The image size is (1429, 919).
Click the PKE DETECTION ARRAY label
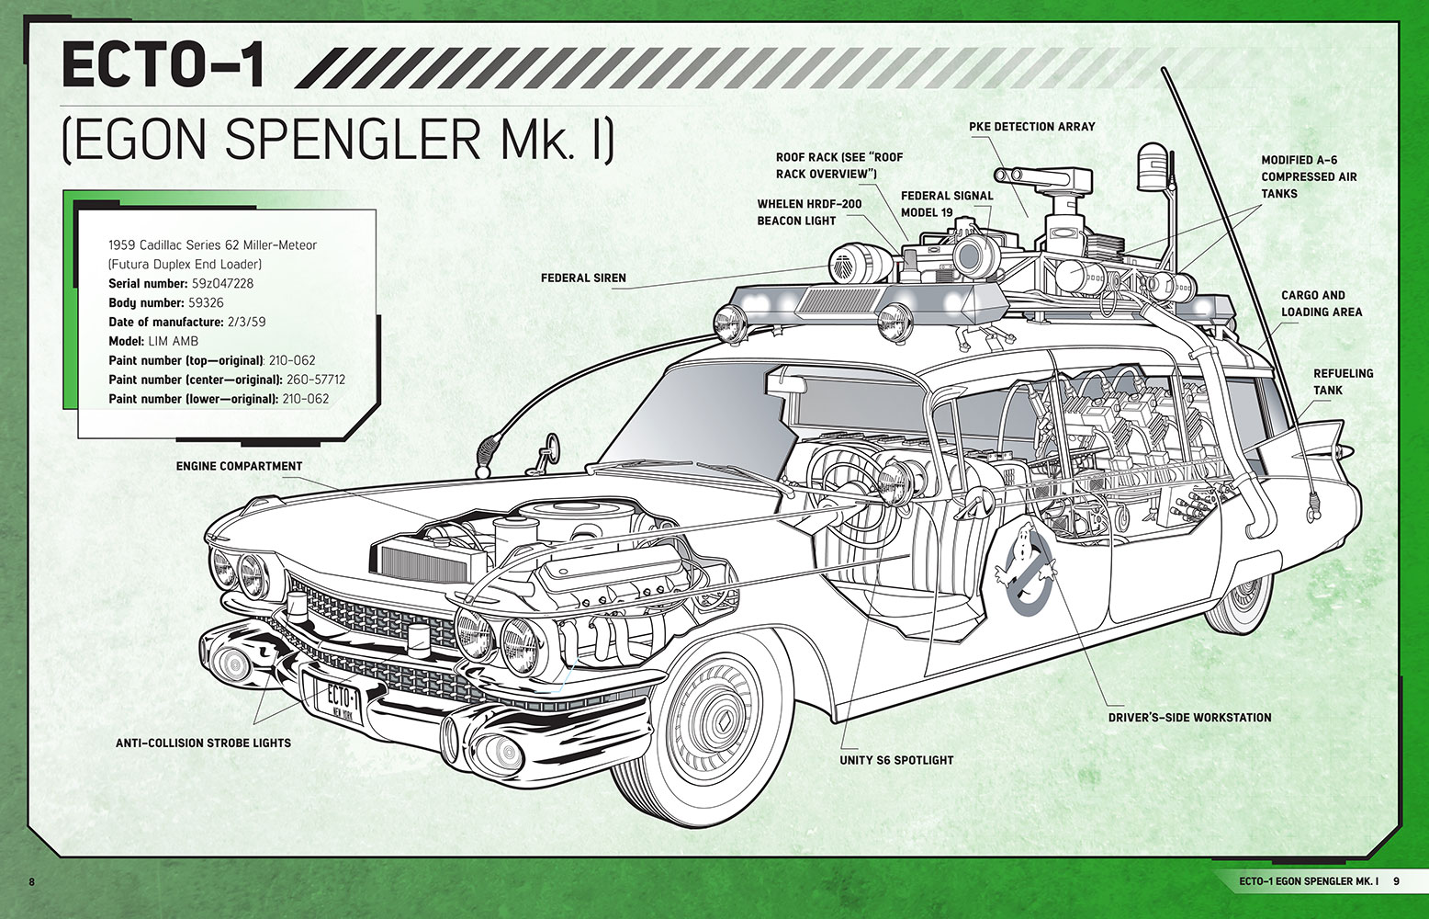coord(1031,127)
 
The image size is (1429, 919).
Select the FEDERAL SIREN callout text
coord(583,278)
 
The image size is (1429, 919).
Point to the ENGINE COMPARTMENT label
coord(239,467)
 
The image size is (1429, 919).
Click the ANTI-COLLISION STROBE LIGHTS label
coord(204,743)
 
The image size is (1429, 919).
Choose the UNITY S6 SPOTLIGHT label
coord(896,760)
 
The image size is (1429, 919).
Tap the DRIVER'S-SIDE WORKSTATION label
coord(1190,718)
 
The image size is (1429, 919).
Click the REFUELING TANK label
coord(1343,381)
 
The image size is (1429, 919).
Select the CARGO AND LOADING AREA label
coord(1322,304)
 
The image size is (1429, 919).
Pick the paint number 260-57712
coord(316,380)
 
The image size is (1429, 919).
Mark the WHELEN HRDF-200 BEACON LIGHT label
coord(809,212)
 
